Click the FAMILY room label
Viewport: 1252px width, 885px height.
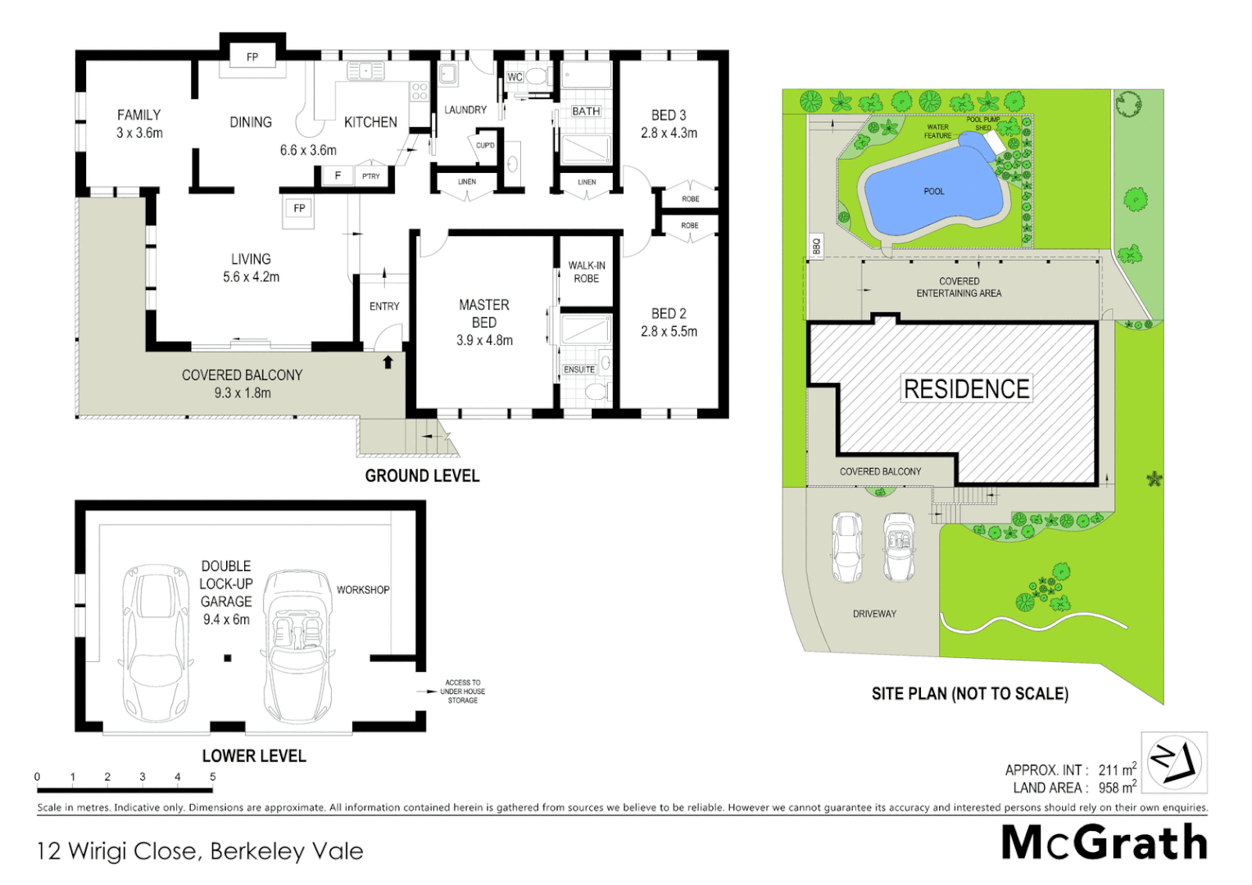point(138,115)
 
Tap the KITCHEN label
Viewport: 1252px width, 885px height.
point(370,122)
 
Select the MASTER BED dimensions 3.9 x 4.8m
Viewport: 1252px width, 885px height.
point(484,340)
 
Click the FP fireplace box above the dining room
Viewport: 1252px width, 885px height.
point(252,57)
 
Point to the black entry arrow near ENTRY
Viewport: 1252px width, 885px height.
point(388,361)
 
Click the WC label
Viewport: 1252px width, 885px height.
point(515,77)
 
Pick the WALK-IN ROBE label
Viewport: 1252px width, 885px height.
point(587,272)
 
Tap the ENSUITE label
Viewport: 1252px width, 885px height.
point(579,370)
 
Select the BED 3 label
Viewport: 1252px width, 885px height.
point(669,116)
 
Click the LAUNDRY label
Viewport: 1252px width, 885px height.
point(465,110)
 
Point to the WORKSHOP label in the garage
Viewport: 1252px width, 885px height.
point(363,590)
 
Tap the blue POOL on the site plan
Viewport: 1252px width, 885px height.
point(934,192)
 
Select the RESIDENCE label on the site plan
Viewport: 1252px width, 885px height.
point(966,388)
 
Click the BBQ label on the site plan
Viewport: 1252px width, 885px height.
point(816,245)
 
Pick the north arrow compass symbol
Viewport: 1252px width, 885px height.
point(1173,762)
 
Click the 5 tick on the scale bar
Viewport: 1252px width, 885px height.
point(212,777)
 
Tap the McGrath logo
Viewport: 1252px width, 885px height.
point(1104,843)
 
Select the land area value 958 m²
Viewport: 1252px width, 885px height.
point(1117,787)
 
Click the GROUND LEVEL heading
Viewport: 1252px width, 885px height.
point(422,476)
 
